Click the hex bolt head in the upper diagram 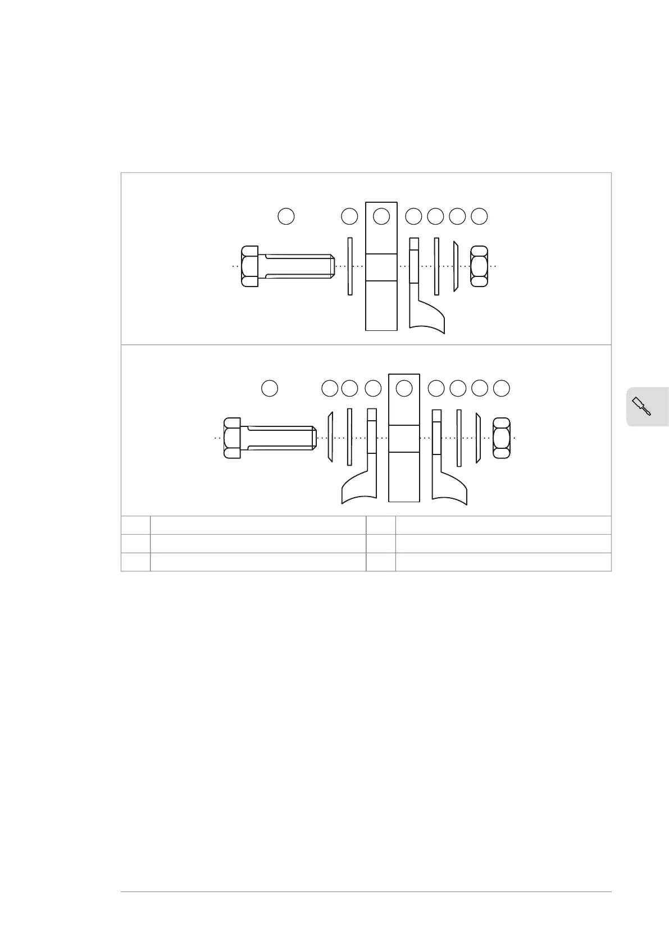click(250, 266)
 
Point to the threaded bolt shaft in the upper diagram click(298, 266)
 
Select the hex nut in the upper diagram click(479, 266)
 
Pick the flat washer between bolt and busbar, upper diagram click(350, 266)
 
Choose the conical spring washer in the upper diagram click(456, 267)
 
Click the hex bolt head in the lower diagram click(232, 438)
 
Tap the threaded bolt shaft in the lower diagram click(281, 438)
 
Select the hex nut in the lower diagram click(501, 438)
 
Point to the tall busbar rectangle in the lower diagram click(404, 472)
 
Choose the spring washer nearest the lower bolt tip click(330, 438)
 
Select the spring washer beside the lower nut click(478, 438)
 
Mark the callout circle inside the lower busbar click(404, 388)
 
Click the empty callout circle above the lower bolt click(270, 388)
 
